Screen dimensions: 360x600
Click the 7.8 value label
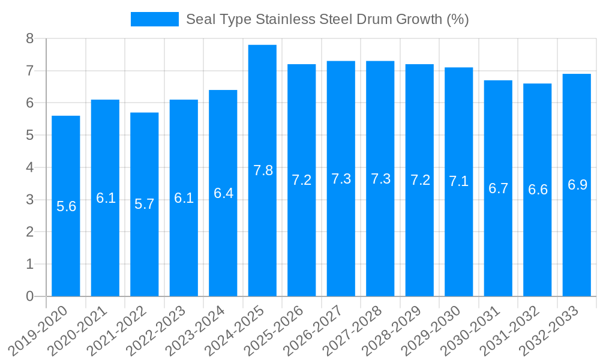pyautogui.click(x=263, y=170)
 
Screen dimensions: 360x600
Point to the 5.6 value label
pyautogui.click(x=66, y=206)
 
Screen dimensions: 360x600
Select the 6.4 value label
pyautogui.click(x=223, y=193)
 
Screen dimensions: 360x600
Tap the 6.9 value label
pyautogui.click(x=577, y=185)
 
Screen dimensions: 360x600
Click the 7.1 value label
pyautogui.click(x=459, y=181)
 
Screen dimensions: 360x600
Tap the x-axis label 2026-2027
pyautogui.click(x=317, y=330)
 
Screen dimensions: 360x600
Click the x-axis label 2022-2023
pyautogui.click(x=160, y=330)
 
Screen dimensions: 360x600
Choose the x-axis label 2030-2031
pyautogui.click(x=474, y=330)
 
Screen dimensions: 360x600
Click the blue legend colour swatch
pyautogui.click(x=155, y=19)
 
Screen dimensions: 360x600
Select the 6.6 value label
pyautogui.click(x=538, y=190)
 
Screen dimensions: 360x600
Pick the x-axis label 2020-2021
pyautogui.click(x=81, y=330)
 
